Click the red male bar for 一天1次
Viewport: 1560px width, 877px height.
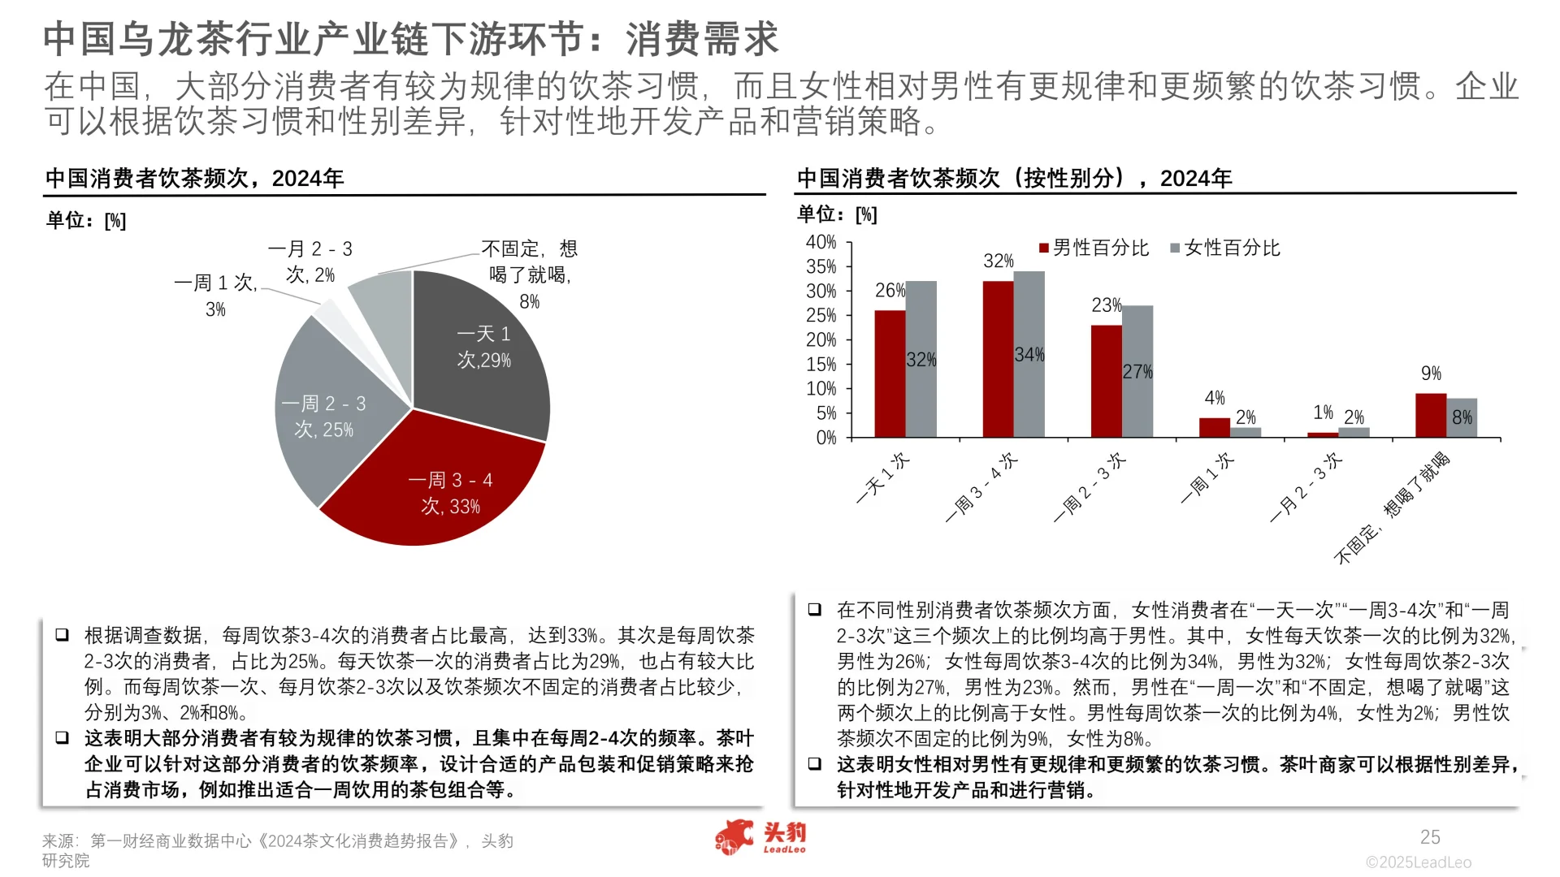click(890, 374)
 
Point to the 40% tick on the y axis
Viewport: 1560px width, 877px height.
click(821, 242)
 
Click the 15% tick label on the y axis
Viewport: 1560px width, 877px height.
click(821, 365)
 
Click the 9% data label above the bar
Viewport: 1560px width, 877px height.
click(1431, 374)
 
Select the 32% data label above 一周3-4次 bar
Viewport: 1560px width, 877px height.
click(998, 261)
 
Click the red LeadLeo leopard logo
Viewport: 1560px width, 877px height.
click(735, 837)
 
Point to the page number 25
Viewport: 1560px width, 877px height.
click(1430, 837)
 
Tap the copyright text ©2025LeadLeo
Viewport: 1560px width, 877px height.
click(1419, 862)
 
